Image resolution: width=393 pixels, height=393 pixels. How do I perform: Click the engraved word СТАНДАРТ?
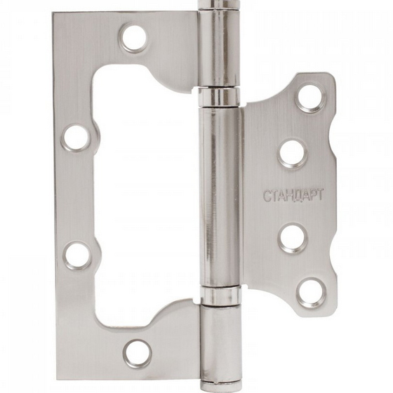293,195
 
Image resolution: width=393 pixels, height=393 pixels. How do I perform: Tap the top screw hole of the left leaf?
134,38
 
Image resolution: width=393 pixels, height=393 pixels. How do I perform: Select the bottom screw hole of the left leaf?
138,354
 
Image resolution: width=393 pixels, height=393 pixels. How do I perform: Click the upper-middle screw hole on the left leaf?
76,138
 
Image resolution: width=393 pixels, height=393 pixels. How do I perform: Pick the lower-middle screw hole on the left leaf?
78,255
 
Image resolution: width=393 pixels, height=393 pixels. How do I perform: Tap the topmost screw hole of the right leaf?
312,98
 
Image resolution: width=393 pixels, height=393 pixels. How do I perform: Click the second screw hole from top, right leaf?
292,153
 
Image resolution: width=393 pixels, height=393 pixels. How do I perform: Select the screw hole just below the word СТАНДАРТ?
292,237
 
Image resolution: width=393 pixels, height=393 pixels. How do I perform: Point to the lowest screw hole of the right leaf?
311,292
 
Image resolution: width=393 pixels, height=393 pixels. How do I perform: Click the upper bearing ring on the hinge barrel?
220,97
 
